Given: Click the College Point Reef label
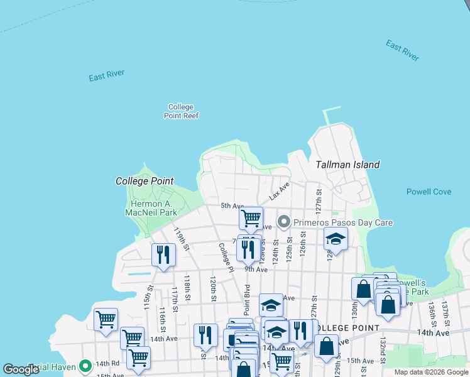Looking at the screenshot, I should (x=181, y=111).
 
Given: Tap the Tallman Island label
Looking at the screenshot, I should (x=347, y=165).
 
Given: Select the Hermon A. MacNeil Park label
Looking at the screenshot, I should (x=155, y=208).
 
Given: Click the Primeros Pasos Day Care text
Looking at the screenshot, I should (x=344, y=222).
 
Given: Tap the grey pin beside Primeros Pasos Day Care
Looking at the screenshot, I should (x=284, y=222).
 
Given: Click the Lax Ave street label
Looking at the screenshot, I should (x=279, y=192).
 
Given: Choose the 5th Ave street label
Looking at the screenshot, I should (x=232, y=206).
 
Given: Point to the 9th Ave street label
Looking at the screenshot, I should (x=256, y=270).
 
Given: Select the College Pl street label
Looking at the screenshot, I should (x=226, y=257).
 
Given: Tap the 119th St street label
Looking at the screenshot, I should (x=182, y=239).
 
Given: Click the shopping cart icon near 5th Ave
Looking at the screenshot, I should (x=251, y=218).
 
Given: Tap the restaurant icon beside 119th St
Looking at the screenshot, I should (x=163, y=254).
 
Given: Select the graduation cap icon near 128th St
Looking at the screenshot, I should (x=336, y=238).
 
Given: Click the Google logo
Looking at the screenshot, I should (x=21, y=369).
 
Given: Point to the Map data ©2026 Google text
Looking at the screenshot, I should (x=430, y=372).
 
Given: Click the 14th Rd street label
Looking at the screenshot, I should (x=107, y=363).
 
